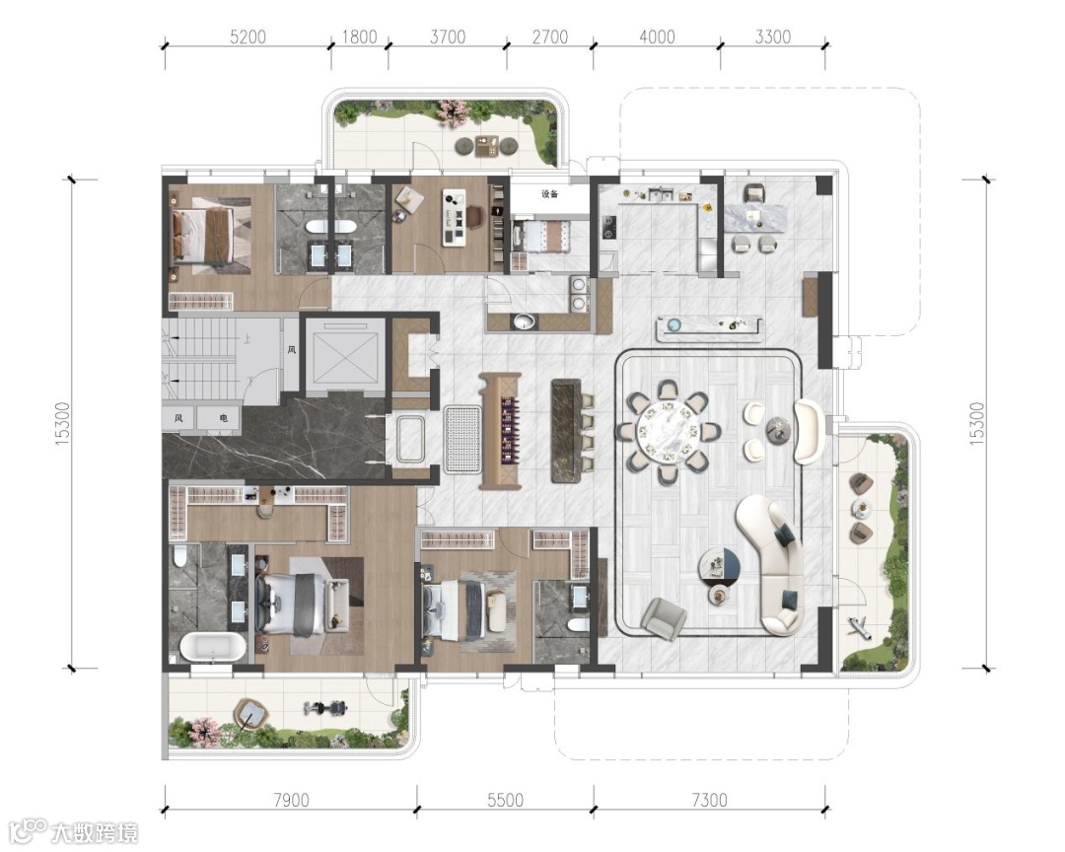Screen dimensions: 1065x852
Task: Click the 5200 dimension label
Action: coord(248,36)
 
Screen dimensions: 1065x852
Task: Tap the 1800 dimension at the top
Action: coord(359,36)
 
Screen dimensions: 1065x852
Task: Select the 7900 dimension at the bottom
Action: coord(291,800)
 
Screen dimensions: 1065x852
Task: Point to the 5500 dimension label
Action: coord(505,800)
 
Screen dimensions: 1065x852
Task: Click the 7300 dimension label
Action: coord(709,800)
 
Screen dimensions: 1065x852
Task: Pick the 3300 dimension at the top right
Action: coord(773,36)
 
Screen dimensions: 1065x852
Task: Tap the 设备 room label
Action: coord(549,194)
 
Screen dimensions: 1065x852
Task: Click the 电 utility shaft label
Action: coord(224,418)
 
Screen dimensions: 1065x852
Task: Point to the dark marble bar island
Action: coord(566,431)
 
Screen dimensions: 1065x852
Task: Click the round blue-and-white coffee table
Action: coord(719,566)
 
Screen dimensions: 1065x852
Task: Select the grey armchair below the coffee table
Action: coord(663,617)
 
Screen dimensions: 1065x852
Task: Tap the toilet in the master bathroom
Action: coord(180,556)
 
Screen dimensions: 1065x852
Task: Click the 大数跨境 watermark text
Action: coord(95,832)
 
